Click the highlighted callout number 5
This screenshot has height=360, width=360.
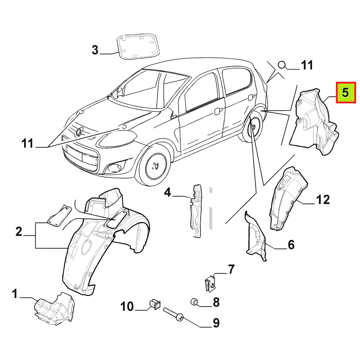coord(346,93)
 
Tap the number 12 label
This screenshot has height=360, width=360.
coord(323,199)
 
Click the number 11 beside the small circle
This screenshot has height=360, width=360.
coord(306,65)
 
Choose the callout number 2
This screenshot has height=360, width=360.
coord(19,232)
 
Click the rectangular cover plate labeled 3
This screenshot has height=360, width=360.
coord(138,46)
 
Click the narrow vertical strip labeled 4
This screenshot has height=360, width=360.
coord(196,211)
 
